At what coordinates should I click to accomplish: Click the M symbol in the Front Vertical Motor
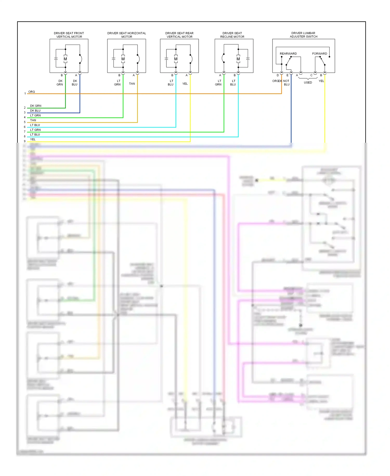pos(65,59)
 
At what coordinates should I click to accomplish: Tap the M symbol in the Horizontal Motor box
pos(123,59)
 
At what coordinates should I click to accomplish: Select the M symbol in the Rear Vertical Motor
pos(176,59)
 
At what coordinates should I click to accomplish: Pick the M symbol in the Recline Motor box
pos(238,59)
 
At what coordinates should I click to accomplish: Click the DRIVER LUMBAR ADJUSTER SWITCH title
pos(303,35)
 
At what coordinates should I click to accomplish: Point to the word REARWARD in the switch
pos(288,54)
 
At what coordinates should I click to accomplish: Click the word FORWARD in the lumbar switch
pos(320,54)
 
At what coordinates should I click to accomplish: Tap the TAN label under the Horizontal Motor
pos(132,84)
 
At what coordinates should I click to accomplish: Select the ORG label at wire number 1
pos(31,92)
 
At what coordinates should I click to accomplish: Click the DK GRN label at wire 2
pos(36,106)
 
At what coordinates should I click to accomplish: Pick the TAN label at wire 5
pos(33,120)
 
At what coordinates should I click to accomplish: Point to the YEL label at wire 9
pos(33,139)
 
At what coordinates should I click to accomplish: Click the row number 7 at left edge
pos(25,131)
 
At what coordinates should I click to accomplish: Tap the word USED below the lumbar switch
pos(308,83)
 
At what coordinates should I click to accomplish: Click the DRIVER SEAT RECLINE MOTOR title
pos(232,35)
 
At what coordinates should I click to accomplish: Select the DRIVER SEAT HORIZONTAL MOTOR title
pos(127,35)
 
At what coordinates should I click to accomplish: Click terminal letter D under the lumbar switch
pos(278,75)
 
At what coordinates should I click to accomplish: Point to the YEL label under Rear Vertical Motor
pos(185,84)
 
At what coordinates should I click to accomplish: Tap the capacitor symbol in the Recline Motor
pos(248,59)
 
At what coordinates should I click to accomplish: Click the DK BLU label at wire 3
pos(35,110)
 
